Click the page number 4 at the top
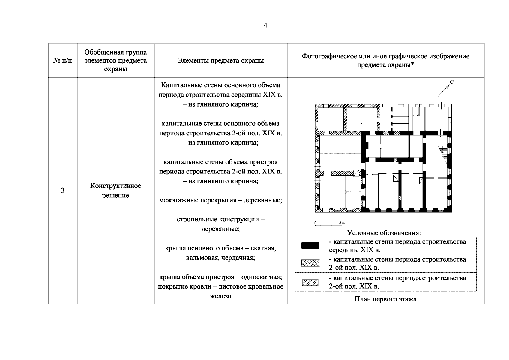pos(265,25)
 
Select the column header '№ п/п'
pos(63,61)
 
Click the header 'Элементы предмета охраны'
pos(220,61)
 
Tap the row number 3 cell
pos(62,190)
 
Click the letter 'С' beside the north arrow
pos(451,82)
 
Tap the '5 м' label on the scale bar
pos(342,222)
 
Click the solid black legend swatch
pos(310,246)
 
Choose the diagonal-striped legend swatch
pos(310,282)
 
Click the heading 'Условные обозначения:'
pos(384,233)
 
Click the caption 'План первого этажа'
pos(385,299)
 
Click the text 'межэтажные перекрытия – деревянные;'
pos(220,200)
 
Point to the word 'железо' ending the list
pos(220,296)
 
